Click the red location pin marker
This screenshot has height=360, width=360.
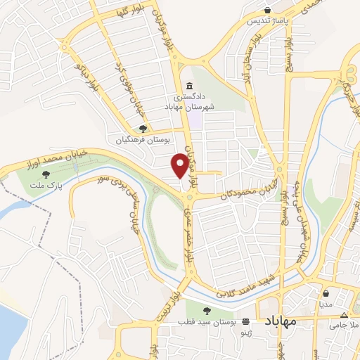[181, 165]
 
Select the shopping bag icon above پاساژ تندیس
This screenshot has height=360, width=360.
[268, 10]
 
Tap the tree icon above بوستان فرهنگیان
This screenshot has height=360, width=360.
[143, 129]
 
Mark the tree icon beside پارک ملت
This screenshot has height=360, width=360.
[46, 174]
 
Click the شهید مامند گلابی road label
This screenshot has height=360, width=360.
[240, 291]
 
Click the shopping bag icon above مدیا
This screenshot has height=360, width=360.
[326, 294]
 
